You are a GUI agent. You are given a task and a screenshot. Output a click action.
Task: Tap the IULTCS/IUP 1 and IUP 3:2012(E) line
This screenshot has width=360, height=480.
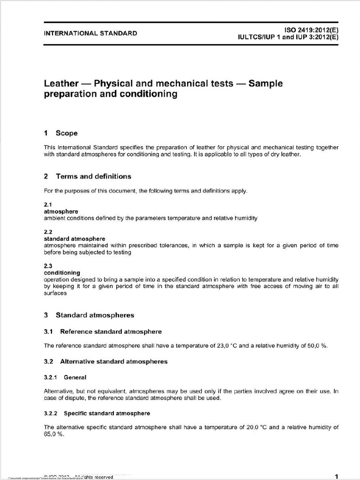(x=288, y=37)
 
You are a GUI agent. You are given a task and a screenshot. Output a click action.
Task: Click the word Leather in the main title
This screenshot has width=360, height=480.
(x=60, y=84)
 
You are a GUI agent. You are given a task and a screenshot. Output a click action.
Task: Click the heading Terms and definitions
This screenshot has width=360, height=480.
(x=93, y=176)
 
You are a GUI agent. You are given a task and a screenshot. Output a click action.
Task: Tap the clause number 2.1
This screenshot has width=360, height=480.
(x=48, y=205)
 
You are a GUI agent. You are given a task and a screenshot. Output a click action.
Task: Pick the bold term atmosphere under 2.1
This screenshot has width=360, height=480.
(x=61, y=211)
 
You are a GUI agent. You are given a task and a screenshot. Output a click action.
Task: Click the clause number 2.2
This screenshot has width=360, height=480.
(x=48, y=232)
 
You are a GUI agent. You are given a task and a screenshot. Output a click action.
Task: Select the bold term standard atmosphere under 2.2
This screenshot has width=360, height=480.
(x=74, y=239)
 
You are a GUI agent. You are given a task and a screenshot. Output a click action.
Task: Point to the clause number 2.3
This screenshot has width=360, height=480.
(x=48, y=266)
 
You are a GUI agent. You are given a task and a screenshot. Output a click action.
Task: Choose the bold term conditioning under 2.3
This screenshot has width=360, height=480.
(x=62, y=272)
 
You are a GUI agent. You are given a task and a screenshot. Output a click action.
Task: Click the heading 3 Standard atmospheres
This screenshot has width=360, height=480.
(x=89, y=315)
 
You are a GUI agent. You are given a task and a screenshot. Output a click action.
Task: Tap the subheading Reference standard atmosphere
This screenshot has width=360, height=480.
(x=111, y=331)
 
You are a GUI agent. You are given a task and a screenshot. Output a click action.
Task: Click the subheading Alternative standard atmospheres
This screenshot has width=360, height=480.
(x=113, y=361)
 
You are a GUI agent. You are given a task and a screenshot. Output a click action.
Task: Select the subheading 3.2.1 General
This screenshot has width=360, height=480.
(x=65, y=377)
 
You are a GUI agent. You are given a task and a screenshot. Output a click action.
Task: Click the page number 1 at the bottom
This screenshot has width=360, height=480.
(x=337, y=476)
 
